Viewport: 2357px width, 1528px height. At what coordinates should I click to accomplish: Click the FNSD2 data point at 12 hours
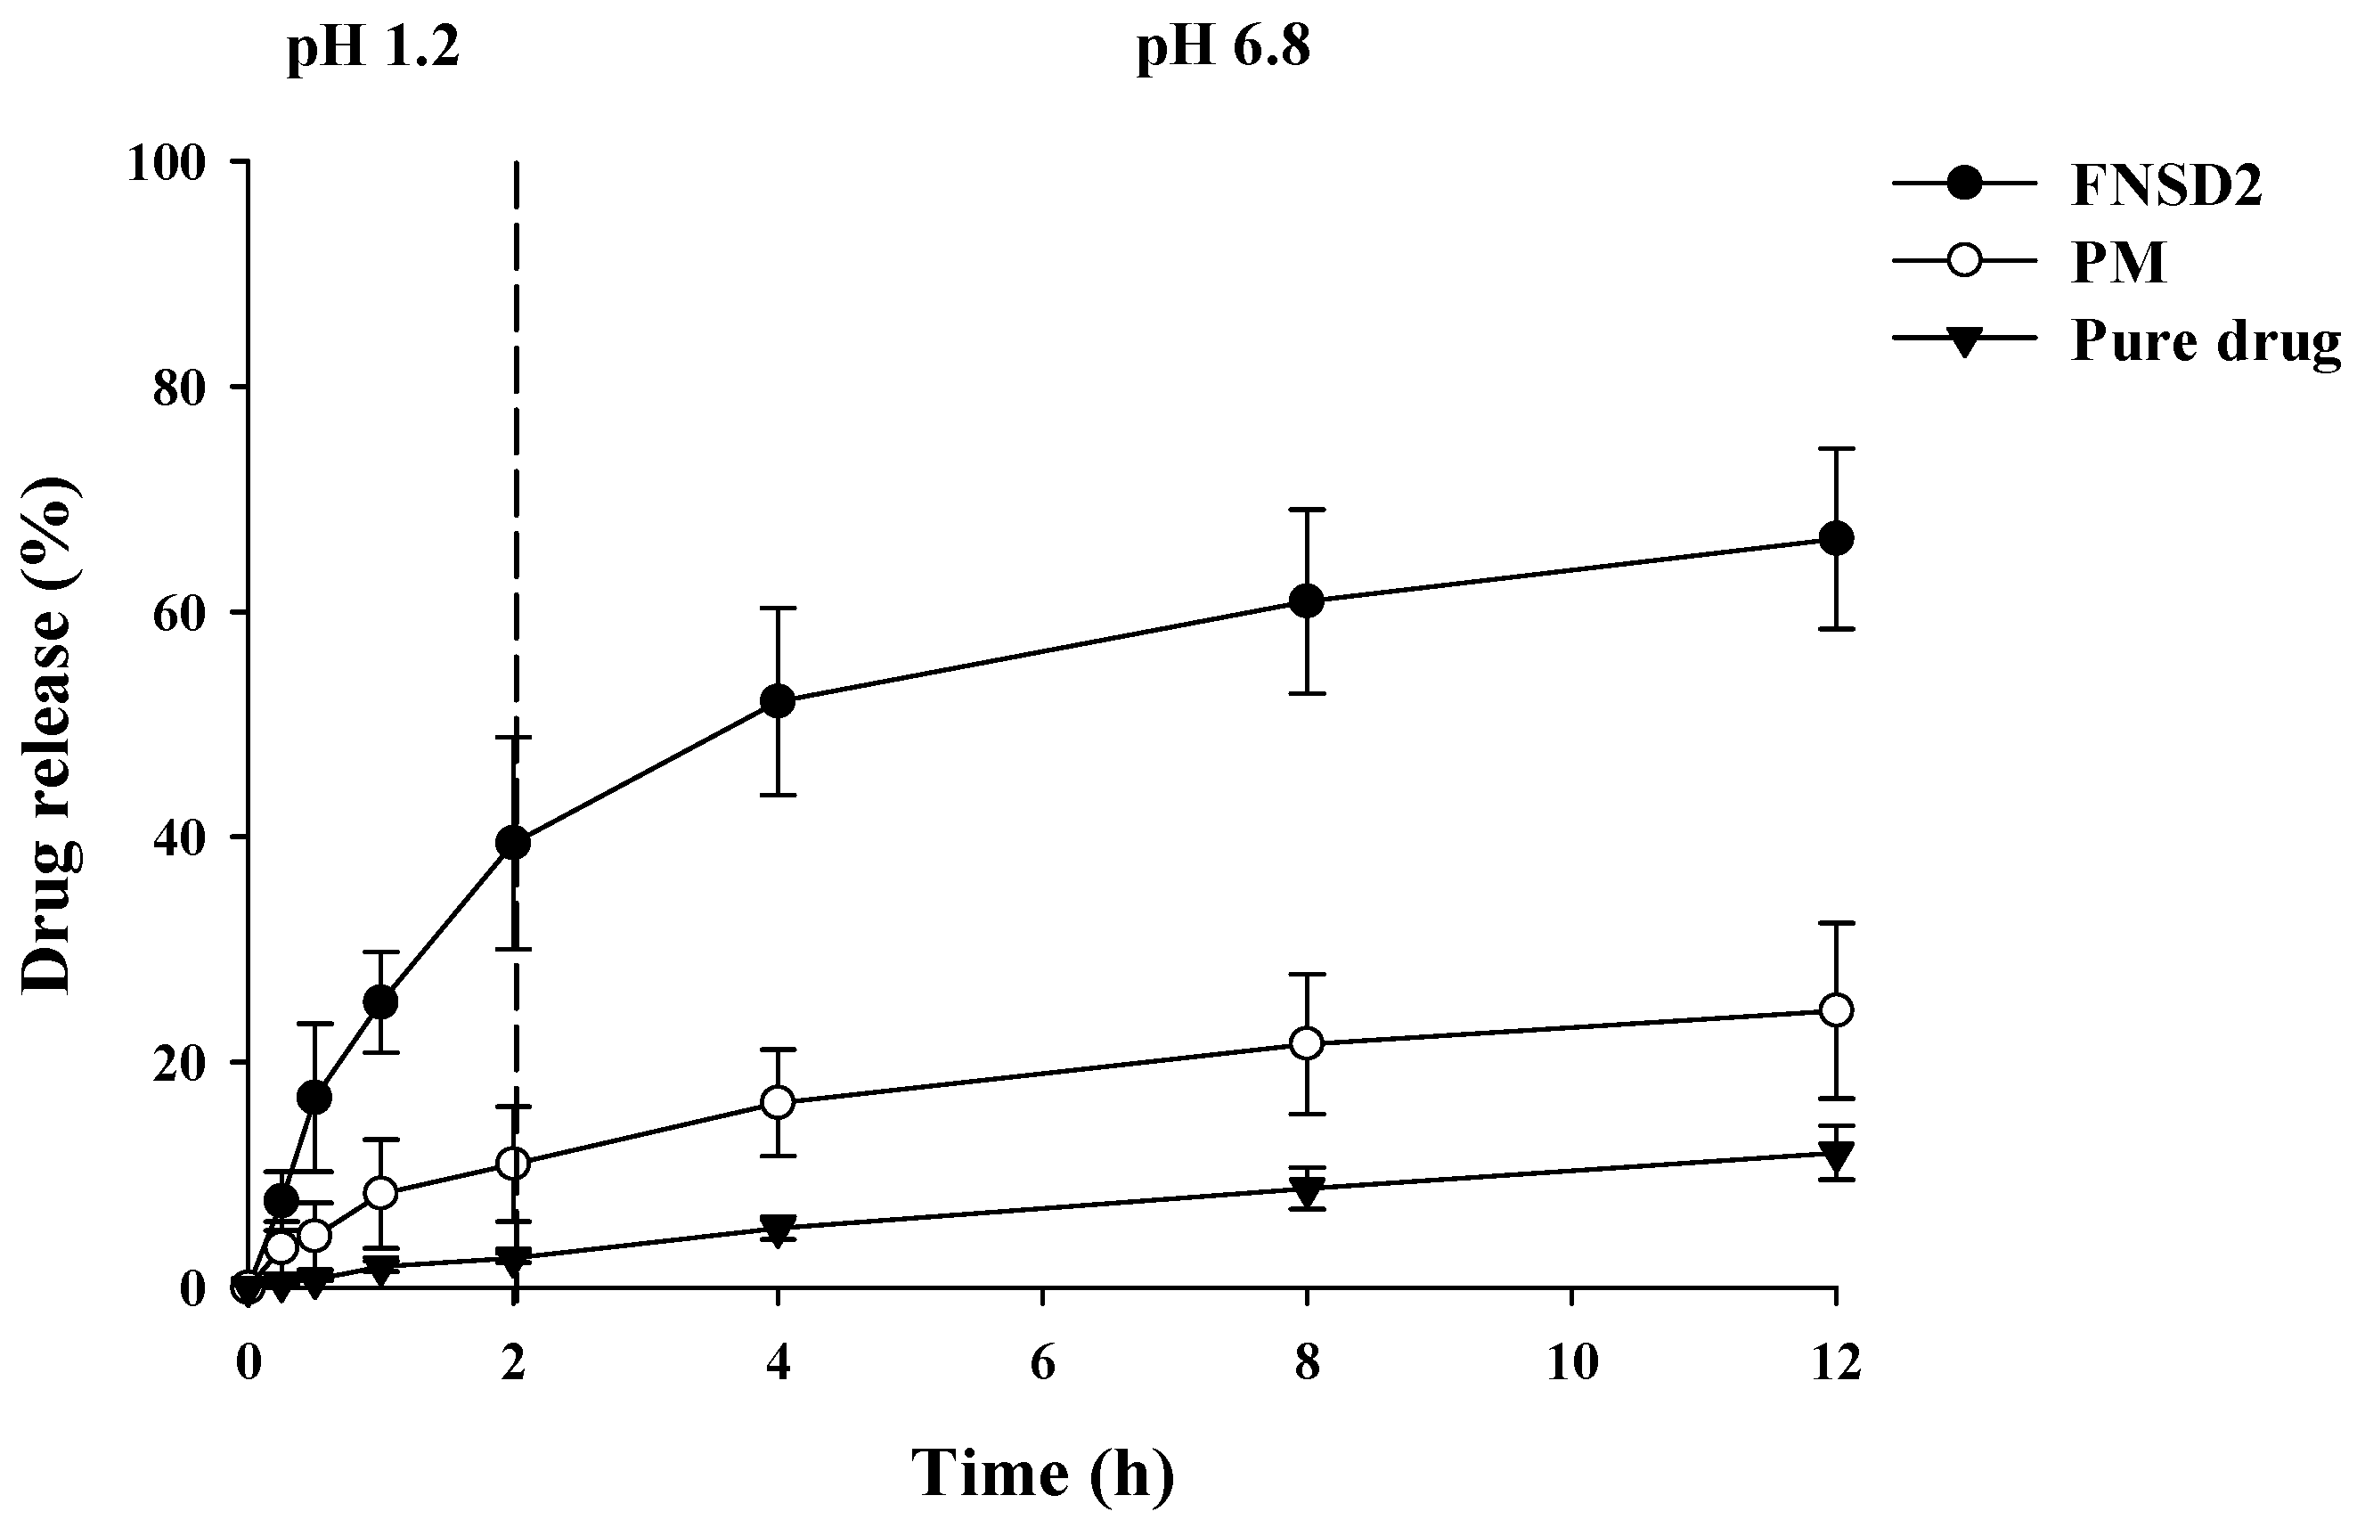click(x=1836, y=539)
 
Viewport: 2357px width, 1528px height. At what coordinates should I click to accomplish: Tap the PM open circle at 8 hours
click(x=1308, y=1043)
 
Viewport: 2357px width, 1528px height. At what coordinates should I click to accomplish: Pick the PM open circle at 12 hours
click(x=1836, y=1010)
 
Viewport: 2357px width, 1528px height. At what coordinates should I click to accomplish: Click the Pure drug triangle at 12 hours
click(x=1836, y=1156)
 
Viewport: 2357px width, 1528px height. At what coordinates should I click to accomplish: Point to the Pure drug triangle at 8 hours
click(x=1308, y=1191)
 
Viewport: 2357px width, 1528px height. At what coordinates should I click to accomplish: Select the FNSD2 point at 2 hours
click(x=513, y=843)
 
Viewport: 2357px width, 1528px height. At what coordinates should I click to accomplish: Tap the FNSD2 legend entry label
click(x=2165, y=185)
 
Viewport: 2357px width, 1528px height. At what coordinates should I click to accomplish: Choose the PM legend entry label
click(x=2118, y=264)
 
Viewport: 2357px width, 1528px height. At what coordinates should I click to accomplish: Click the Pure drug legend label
click(x=2205, y=341)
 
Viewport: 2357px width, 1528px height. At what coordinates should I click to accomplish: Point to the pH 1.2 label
click(x=373, y=47)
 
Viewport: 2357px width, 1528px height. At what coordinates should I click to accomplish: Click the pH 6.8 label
click(x=1223, y=47)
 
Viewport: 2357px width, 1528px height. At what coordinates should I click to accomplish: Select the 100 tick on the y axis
click(x=167, y=163)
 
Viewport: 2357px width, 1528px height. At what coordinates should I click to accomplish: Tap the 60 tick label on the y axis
click(x=178, y=613)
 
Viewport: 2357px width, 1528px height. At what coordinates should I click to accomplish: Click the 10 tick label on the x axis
click(x=1571, y=1363)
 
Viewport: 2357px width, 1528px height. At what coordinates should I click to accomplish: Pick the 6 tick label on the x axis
click(x=1042, y=1363)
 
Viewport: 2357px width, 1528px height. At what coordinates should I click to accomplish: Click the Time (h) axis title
click(x=1042, y=1474)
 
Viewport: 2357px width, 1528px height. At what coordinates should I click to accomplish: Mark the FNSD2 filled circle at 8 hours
click(x=1308, y=601)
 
